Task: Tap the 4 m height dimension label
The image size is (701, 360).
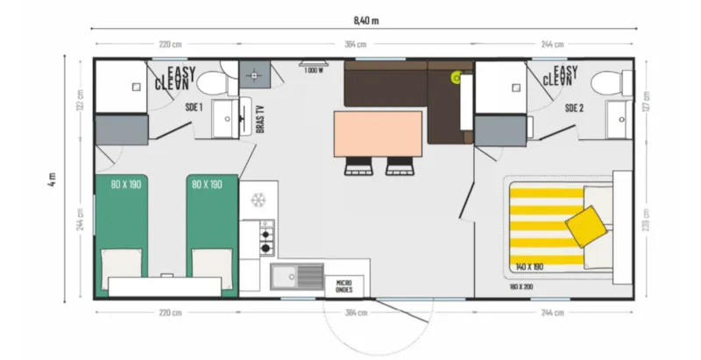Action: pos(53,180)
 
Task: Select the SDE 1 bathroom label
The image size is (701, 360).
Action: pos(194,108)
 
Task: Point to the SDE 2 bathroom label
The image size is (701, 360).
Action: pos(574,108)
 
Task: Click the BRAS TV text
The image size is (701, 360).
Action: pos(260,118)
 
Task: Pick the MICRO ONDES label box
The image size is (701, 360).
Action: pos(344,286)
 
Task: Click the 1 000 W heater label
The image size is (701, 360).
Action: pos(313,70)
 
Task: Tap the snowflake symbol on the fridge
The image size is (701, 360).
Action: pos(258,200)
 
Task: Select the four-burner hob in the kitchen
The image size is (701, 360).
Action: pos(265,237)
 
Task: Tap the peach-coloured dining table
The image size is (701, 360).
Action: pos(377,135)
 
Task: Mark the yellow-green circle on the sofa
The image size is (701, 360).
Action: pos(456,78)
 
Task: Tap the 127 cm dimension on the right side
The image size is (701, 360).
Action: pos(647,101)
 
